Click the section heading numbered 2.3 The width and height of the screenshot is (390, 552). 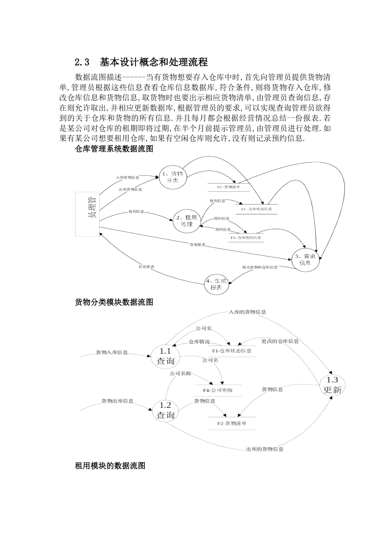[x=141, y=62]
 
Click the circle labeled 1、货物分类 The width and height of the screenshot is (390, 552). [x=173, y=177]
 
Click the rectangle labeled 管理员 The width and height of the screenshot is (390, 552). [x=87, y=214]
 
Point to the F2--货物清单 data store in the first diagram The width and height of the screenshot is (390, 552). [x=228, y=187]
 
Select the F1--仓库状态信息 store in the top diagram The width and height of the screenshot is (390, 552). [x=257, y=209]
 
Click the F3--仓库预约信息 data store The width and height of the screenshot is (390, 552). [x=246, y=237]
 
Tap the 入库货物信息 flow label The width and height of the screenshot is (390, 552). [x=127, y=177]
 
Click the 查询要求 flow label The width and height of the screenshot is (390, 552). [x=197, y=244]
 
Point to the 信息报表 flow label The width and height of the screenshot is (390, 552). [x=146, y=267]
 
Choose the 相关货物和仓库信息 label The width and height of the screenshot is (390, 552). [x=259, y=267]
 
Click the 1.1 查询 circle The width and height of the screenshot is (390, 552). [x=165, y=356]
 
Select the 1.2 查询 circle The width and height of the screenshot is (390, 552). [x=165, y=410]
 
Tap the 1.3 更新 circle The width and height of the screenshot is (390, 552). [x=333, y=385]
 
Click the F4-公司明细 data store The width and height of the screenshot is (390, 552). [x=218, y=390]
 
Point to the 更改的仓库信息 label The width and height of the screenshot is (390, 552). [x=280, y=341]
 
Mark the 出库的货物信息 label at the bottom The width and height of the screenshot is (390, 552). [x=264, y=449]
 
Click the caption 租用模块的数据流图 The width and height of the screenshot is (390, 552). [x=110, y=466]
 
